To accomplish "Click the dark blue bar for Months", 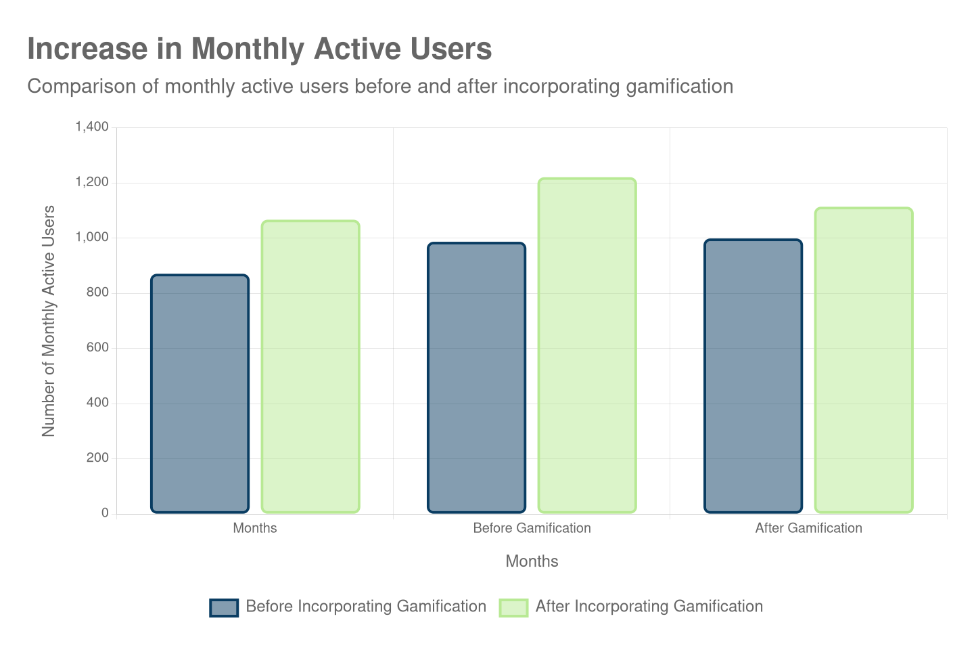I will click(x=200, y=393).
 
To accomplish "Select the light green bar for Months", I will click(x=310, y=366).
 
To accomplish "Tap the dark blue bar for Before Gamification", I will click(x=476, y=378).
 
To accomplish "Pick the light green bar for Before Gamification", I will click(x=587, y=345).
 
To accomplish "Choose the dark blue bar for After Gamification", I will click(x=753, y=376).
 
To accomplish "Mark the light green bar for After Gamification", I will click(x=864, y=360).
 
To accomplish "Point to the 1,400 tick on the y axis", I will click(x=92, y=127).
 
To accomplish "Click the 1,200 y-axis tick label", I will click(x=92, y=182).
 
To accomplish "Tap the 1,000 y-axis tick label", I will click(x=92, y=237).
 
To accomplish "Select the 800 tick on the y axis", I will click(x=97, y=292).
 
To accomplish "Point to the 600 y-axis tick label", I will click(x=97, y=347).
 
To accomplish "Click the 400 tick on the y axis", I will click(x=97, y=402).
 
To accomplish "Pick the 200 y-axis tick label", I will click(x=97, y=458).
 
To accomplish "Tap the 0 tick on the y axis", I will click(x=105, y=513).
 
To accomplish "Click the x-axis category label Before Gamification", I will click(x=532, y=528).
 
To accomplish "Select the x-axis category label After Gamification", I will click(x=808, y=528).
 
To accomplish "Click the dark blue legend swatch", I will click(x=224, y=607).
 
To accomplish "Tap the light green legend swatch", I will click(x=513, y=607).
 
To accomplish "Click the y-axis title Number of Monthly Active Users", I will click(x=48, y=320).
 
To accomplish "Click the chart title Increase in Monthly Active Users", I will click(x=259, y=49).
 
